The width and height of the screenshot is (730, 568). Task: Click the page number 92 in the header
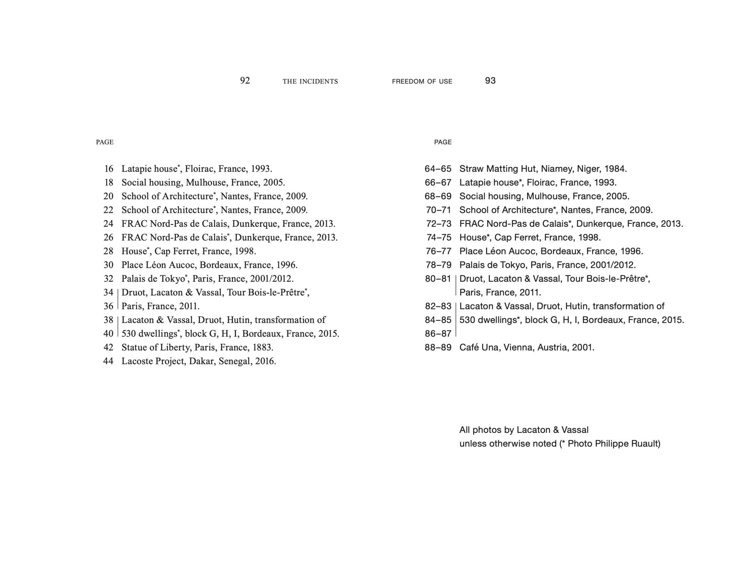(x=245, y=81)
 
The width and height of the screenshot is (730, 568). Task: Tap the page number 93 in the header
(x=490, y=81)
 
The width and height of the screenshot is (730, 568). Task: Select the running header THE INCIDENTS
(x=310, y=81)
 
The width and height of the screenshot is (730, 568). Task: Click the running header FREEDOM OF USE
(x=422, y=81)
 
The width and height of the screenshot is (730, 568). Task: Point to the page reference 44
(x=108, y=361)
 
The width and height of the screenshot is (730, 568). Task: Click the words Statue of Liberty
(x=156, y=348)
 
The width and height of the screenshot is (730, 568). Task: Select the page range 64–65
(x=438, y=169)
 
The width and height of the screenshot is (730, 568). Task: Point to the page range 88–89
(x=438, y=348)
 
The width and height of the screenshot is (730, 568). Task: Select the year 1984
(x=615, y=169)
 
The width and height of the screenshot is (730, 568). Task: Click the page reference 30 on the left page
(x=108, y=265)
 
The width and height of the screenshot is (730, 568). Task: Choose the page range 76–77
(x=438, y=251)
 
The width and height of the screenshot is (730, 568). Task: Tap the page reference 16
(x=109, y=169)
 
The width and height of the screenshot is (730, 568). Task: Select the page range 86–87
(x=438, y=334)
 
